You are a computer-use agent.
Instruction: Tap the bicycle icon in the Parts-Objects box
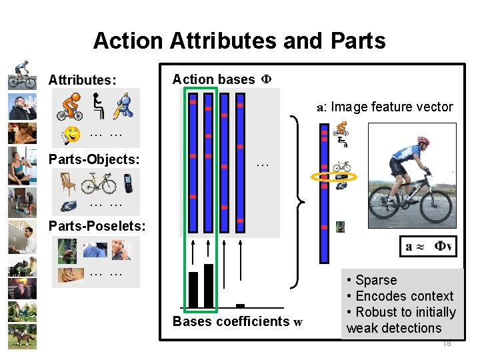(98, 182)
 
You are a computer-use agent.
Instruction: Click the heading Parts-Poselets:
(97, 226)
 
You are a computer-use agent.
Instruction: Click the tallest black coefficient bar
(208, 287)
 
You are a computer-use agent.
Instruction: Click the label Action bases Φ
(221, 79)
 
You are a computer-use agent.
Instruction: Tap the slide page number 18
(446, 343)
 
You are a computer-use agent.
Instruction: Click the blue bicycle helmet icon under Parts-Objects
(69, 205)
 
